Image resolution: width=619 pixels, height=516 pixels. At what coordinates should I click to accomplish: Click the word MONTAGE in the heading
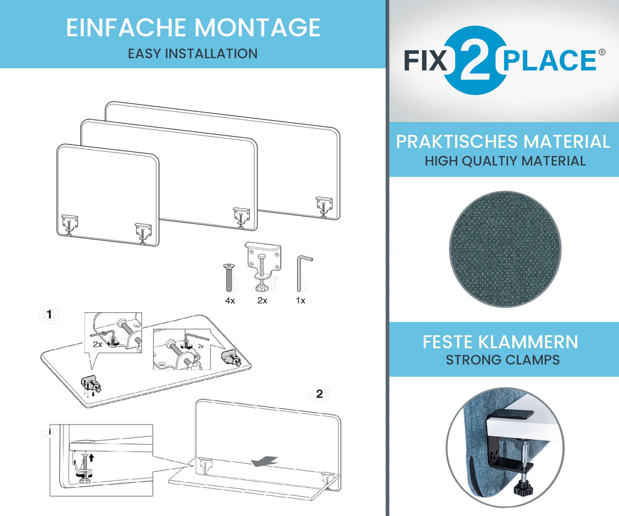pyautogui.click(x=257, y=27)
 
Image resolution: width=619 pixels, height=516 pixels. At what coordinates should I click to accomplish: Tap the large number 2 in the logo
pyautogui.click(x=476, y=60)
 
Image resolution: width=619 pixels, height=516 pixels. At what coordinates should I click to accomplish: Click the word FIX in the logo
pyautogui.click(x=426, y=60)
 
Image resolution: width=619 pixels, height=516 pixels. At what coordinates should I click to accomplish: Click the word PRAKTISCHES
pyautogui.click(x=457, y=142)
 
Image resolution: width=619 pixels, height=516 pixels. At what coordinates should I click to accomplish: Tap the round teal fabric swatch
pyautogui.click(x=505, y=249)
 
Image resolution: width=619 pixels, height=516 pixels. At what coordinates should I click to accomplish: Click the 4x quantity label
pyautogui.click(x=230, y=301)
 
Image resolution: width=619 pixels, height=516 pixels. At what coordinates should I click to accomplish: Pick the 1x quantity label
pyautogui.click(x=300, y=301)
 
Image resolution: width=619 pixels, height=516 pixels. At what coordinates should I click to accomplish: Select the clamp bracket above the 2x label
pyautogui.click(x=263, y=266)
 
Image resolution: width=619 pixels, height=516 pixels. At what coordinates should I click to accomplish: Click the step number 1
pyautogui.click(x=50, y=314)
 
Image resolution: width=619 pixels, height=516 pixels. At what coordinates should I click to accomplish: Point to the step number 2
pyautogui.click(x=319, y=394)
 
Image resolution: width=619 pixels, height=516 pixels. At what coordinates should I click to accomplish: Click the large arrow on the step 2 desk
pyautogui.click(x=265, y=461)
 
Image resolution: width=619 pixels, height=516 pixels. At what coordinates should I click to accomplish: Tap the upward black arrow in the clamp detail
pyautogui.click(x=92, y=457)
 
